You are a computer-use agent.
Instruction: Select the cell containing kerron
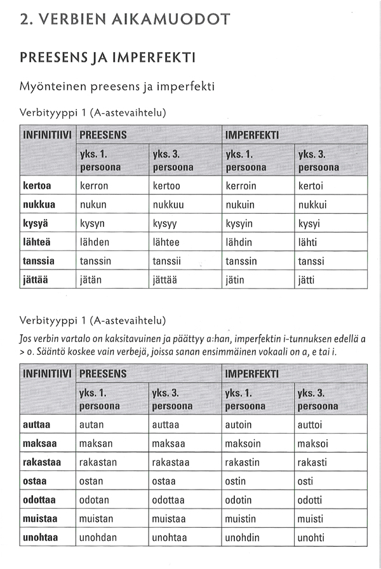(x=94, y=186)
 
